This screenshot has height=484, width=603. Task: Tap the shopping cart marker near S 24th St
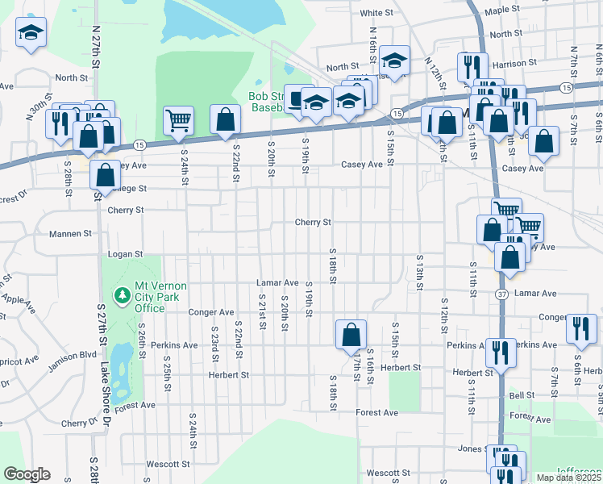tap(178, 121)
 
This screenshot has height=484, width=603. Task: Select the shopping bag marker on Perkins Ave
tap(351, 334)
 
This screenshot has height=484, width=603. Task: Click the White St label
tap(376, 13)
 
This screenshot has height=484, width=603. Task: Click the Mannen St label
tap(70, 234)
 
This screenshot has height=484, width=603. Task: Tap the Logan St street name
tap(126, 254)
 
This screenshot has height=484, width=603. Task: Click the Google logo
tap(27, 474)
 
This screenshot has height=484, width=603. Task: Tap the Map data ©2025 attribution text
tap(569, 478)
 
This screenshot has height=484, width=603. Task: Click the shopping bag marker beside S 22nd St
tap(225, 120)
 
